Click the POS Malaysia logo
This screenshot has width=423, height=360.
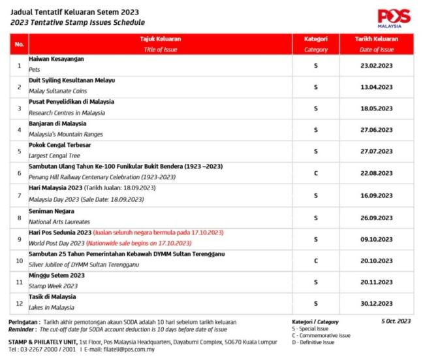click(x=394, y=18)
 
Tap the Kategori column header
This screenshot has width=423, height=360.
click(x=316, y=43)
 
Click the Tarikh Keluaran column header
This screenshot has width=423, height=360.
click(x=377, y=43)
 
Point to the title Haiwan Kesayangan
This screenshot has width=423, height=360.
click(x=57, y=59)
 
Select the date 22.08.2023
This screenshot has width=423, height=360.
click(x=377, y=173)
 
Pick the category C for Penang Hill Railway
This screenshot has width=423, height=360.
click(x=316, y=173)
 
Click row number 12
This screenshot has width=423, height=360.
click(x=19, y=303)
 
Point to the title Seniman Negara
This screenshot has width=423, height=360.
click(x=51, y=211)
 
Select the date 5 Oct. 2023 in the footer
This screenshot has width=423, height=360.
click(x=395, y=321)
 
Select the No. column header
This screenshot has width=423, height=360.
click(x=19, y=43)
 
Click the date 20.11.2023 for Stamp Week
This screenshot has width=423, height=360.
click(x=377, y=282)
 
